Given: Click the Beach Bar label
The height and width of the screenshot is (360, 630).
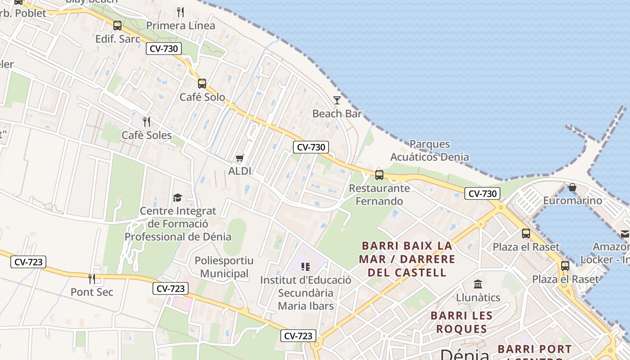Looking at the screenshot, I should (337, 113).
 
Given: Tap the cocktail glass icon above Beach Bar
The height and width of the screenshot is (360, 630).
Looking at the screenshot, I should (337, 100).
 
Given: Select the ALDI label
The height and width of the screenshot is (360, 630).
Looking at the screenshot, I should (240, 171).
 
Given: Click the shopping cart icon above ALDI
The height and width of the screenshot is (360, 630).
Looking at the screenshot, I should (240, 158).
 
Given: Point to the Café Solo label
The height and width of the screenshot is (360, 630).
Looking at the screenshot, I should (202, 97).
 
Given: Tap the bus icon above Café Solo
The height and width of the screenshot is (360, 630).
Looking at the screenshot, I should (202, 83).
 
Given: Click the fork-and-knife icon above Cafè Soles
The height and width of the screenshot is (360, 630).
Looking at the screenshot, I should (146, 121).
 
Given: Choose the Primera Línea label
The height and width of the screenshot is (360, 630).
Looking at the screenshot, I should (181, 26).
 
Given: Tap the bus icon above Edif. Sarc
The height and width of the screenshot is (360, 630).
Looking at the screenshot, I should (117, 26).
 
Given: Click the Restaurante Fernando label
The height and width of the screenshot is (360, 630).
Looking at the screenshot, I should (379, 194).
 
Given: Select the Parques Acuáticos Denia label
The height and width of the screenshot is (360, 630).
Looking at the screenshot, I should (429, 151).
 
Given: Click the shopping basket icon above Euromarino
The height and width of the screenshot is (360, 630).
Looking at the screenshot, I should (572, 187).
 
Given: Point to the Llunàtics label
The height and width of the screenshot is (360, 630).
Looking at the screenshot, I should (478, 297).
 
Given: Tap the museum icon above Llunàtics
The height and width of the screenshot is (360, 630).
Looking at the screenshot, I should (478, 284).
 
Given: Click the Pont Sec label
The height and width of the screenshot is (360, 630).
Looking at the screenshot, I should (92, 292).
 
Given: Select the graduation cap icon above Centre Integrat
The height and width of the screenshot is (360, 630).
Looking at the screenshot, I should (178, 198).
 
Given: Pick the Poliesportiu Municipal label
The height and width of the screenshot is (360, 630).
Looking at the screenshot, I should (224, 267).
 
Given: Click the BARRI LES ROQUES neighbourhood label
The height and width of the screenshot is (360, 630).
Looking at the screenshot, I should (461, 322).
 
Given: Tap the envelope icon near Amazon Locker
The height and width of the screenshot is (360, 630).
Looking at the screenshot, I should (625, 234).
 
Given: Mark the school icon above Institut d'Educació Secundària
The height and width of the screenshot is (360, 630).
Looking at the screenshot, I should (306, 267).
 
